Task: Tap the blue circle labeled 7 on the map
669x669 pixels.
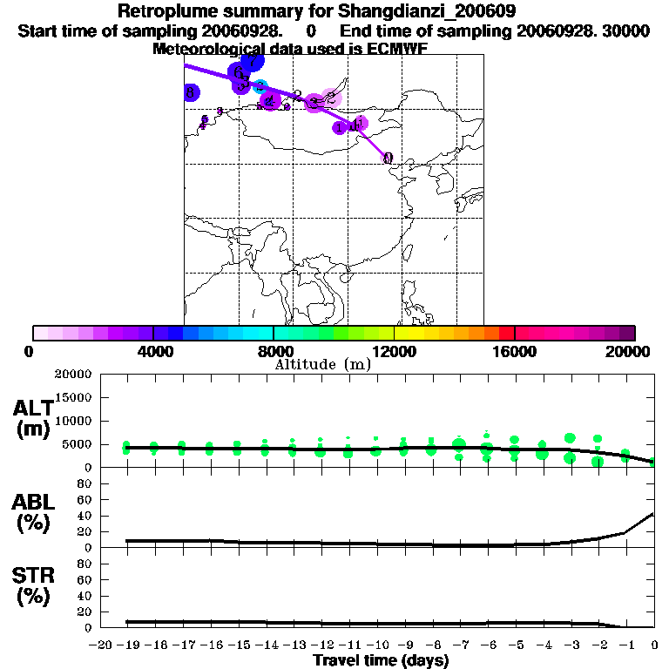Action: tap(252, 62)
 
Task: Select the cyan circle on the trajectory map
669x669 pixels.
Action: tap(260, 86)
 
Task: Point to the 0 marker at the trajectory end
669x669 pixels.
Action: tap(388, 158)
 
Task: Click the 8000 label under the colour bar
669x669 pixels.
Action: tap(274, 350)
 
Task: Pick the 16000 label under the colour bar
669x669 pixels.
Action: tap(514, 350)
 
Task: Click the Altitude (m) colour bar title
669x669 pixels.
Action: tap(322, 364)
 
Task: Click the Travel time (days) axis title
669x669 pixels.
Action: tap(381, 660)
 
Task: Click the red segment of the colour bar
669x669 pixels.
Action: tap(506, 333)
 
